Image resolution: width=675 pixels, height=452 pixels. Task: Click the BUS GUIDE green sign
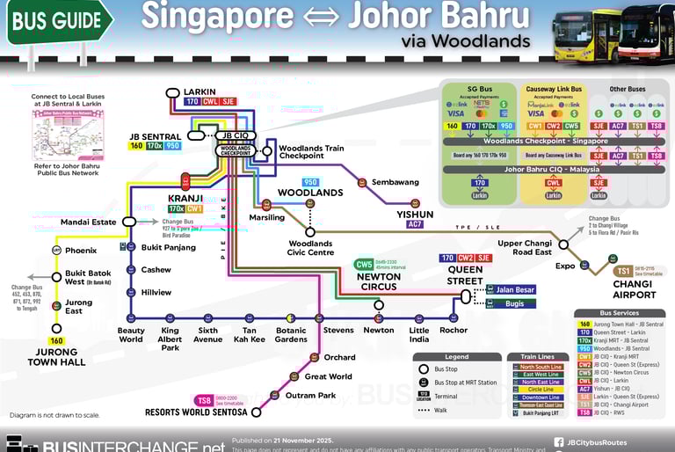click(x=54, y=20)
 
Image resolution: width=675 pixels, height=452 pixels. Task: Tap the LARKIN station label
click(x=200, y=91)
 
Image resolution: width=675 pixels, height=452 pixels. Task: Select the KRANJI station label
click(x=185, y=198)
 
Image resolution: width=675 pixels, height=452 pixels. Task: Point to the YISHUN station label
click(x=415, y=214)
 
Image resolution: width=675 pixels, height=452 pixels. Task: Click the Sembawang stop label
click(x=395, y=182)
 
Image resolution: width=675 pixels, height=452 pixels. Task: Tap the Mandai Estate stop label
click(x=88, y=222)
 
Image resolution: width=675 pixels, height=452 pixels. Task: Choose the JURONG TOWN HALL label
click(x=56, y=356)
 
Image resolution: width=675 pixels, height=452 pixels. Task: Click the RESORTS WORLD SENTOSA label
click(x=198, y=412)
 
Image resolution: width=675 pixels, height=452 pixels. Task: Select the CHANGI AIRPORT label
click(x=634, y=289)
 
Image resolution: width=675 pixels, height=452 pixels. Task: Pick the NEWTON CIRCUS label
click(x=379, y=281)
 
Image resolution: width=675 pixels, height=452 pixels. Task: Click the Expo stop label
click(x=565, y=265)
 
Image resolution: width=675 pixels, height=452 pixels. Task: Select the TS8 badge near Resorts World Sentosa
click(x=204, y=400)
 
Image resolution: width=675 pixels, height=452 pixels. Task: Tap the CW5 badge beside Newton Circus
click(x=364, y=264)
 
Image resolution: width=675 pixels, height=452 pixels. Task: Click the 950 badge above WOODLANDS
click(x=309, y=182)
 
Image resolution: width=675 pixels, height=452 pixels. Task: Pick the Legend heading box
click(x=456, y=357)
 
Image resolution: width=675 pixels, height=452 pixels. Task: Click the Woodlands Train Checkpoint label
click(x=311, y=152)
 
